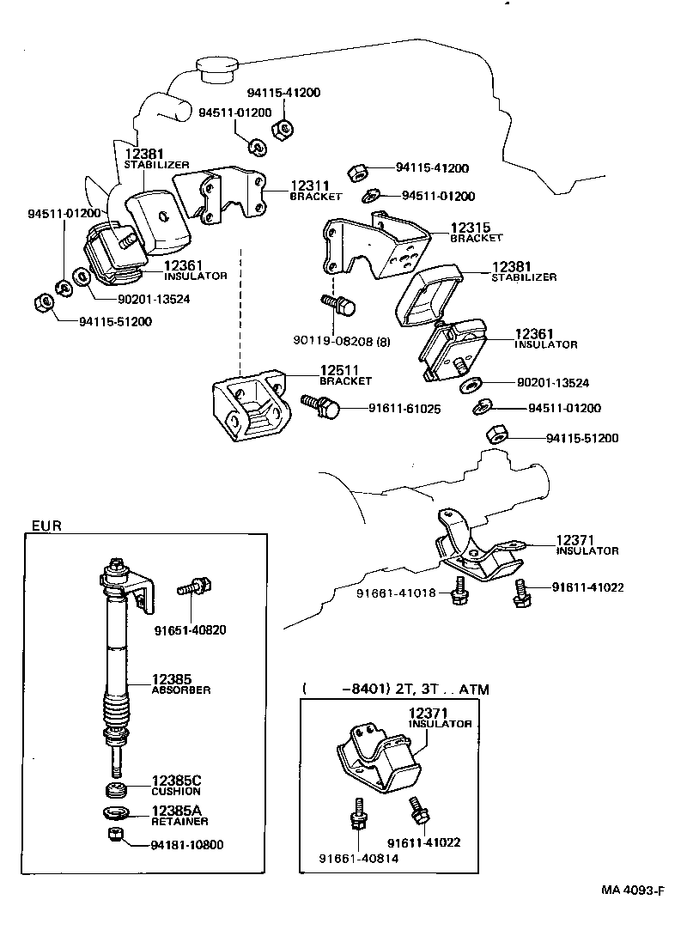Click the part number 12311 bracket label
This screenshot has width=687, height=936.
pos(309,185)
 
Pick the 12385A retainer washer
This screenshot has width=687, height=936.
pos(114,811)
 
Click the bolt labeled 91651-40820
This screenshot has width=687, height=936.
pos(196,588)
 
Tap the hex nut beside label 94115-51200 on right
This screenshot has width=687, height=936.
pos(495,434)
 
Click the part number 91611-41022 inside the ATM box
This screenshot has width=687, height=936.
pos(423,842)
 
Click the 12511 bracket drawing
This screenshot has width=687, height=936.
pos(251,410)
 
